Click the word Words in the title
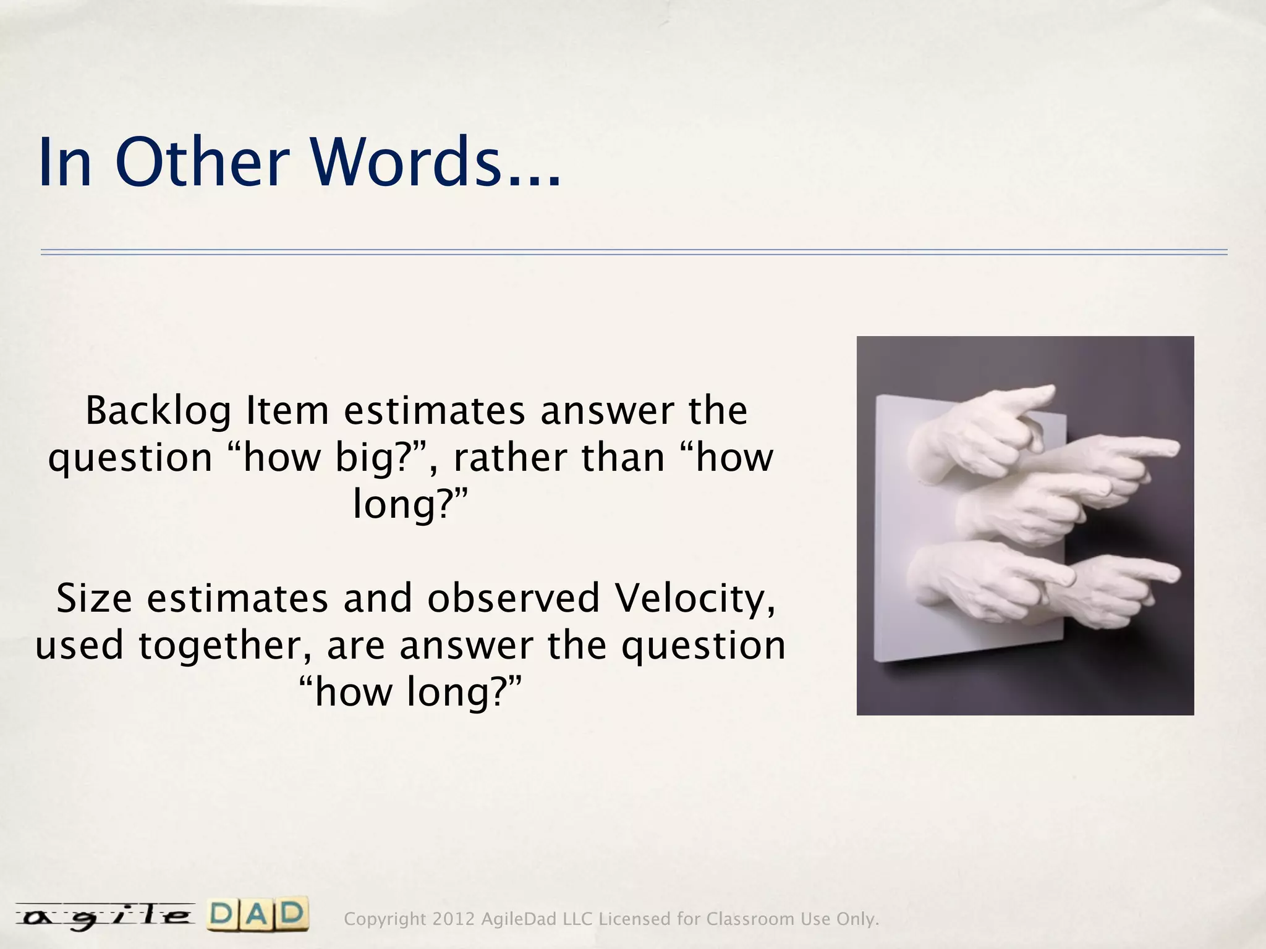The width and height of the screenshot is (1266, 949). [405, 162]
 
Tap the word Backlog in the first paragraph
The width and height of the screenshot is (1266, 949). [158, 411]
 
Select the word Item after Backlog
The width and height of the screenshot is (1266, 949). [287, 411]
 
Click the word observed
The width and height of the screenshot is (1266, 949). [514, 599]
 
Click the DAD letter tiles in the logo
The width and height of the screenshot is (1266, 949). [258, 916]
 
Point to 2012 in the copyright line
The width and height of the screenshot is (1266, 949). [453, 919]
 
